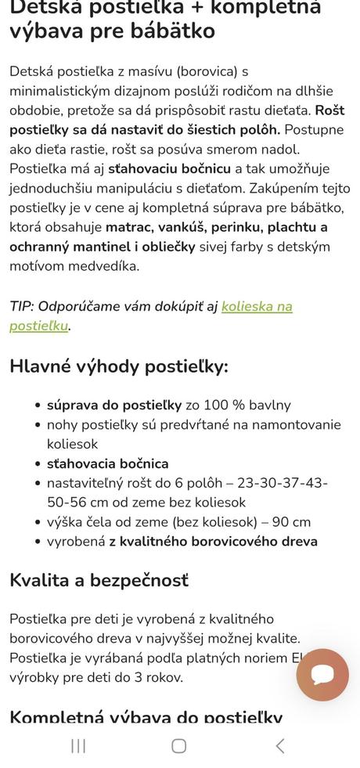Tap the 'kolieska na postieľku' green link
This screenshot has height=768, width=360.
click(x=257, y=306)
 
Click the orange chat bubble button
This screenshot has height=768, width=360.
click(x=322, y=674)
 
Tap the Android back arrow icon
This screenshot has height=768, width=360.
click(x=279, y=745)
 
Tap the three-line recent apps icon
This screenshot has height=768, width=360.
click(x=78, y=745)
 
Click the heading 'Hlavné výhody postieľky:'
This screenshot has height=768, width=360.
click(x=119, y=366)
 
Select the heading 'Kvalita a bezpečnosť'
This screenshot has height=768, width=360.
click(x=99, y=580)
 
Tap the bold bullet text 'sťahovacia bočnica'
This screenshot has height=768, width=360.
click(x=107, y=463)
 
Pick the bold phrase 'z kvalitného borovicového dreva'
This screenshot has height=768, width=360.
click(x=213, y=542)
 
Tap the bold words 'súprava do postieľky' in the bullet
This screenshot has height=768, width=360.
click(x=114, y=405)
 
